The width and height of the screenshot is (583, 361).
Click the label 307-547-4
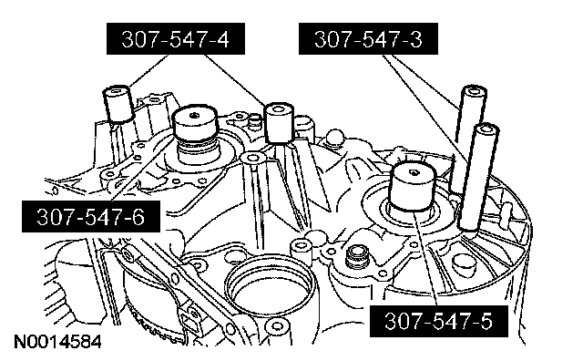click(176, 38)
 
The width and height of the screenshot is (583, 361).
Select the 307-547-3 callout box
click(368, 38)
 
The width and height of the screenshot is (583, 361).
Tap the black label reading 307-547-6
click(91, 217)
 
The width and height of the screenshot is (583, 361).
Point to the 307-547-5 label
click(439, 321)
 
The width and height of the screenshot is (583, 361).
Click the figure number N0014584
click(57, 342)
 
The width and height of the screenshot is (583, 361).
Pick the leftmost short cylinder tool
click(118, 104)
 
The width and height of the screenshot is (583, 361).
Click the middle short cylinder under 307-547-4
click(279, 123)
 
